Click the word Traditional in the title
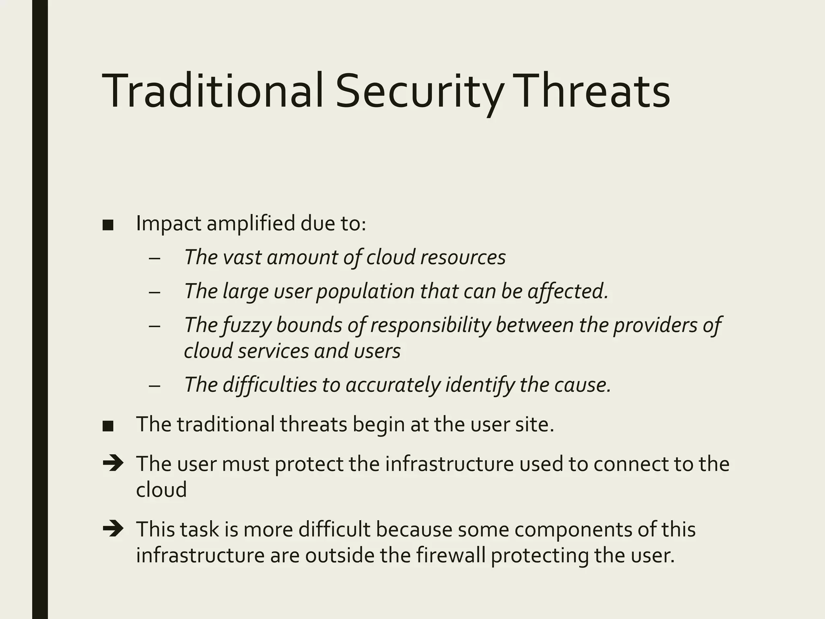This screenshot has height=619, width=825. [x=213, y=91]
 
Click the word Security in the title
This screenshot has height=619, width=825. [x=419, y=91]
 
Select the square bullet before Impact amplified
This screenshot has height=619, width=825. [x=108, y=225]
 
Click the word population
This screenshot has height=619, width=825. [x=365, y=292]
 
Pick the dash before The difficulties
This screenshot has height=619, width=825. [x=154, y=386]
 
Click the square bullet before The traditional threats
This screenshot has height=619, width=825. [x=108, y=426]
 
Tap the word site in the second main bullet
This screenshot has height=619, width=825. [x=537, y=424]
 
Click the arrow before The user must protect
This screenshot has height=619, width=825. [x=113, y=463]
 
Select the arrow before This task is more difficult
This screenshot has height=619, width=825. [x=113, y=529]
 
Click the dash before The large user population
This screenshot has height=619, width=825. [x=154, y=292]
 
